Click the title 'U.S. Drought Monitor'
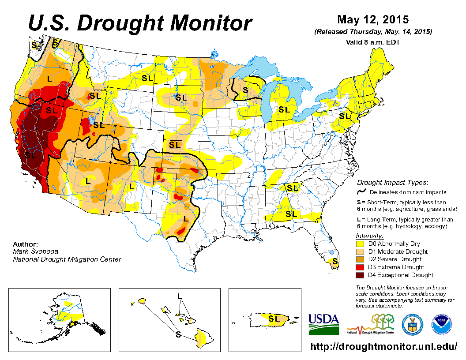pos(140,23)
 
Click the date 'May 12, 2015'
pos(373,20)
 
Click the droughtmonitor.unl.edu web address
pos(384,346)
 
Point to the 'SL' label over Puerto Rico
pos(274,318)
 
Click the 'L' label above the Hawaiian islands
pos(180,296)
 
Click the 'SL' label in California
pos(30,155)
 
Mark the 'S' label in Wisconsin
pos(245,90)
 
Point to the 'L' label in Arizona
pos(88,181)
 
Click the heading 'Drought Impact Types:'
pos(392,183)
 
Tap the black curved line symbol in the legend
pos(362,191)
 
